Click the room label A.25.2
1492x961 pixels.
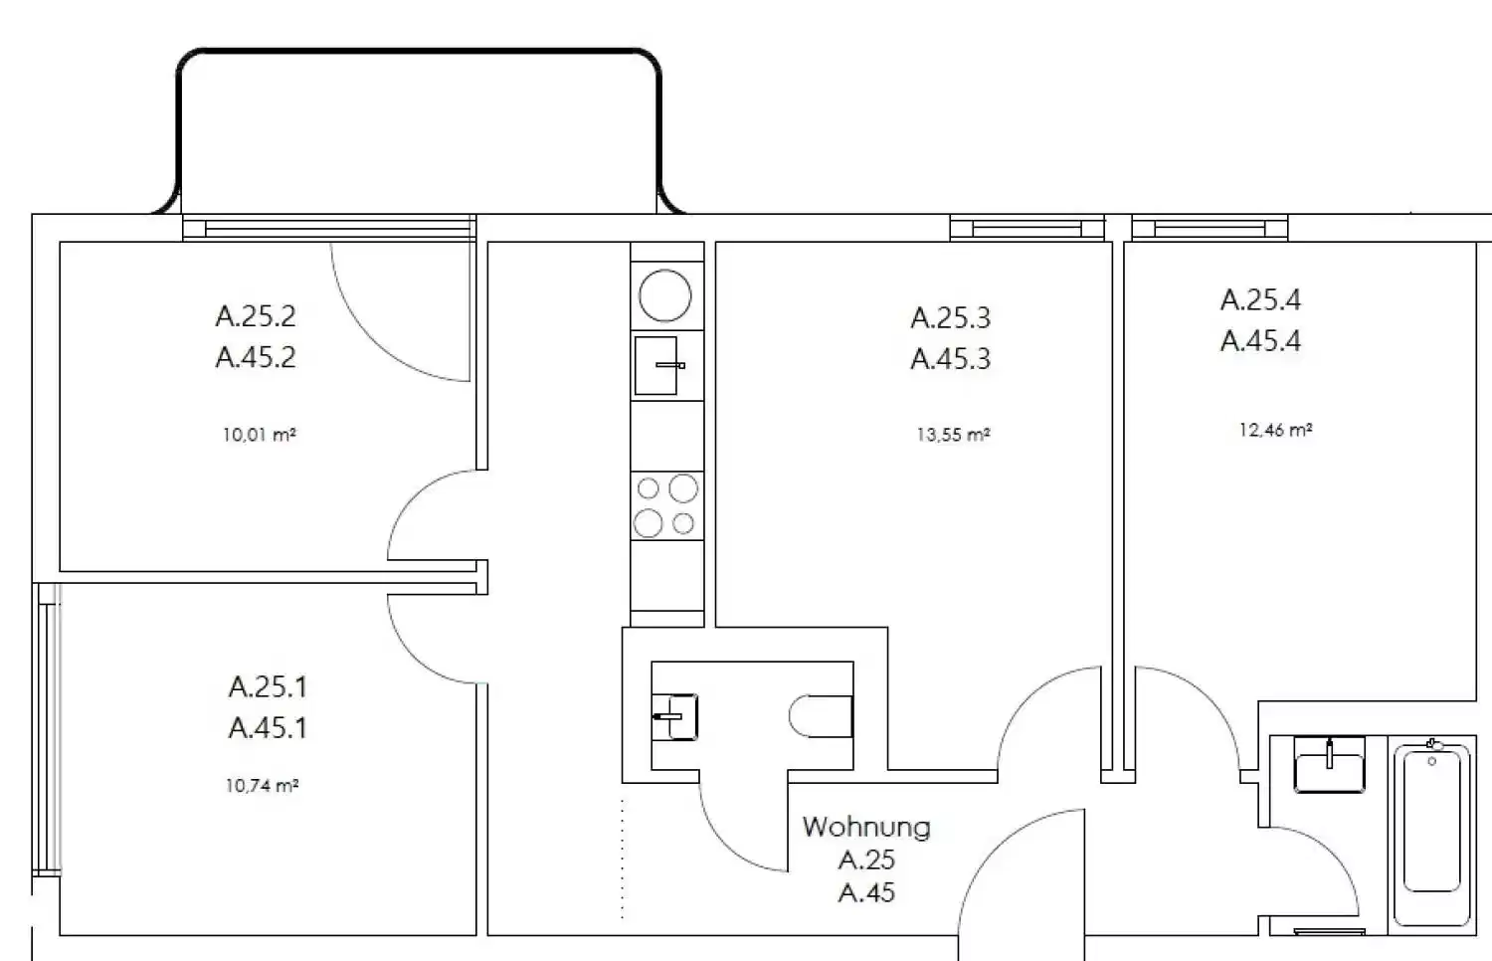tap(256, 316)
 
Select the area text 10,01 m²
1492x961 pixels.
tap(259, 435)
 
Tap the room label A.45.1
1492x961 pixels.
tap(268, 728)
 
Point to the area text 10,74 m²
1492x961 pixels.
tap(262, 786)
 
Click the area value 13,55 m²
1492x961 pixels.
tap(953, 435)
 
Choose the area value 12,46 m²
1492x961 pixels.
tap(1275, 430)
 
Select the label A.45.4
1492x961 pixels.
tap(1260, 341)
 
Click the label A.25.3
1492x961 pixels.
tap(951, 317)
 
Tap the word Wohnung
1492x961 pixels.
tap(866, 827)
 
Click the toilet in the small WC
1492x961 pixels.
tap(822, 715)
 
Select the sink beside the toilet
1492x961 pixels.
tap(674, 715)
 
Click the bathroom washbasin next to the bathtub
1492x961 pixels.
tap(1329, 765)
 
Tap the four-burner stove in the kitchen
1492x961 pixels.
tap(666, 505)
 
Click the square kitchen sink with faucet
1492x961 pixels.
tap(656, 365)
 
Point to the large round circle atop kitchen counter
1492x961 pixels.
tap(665, 295)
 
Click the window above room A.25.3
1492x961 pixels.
tap(1026, 229)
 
